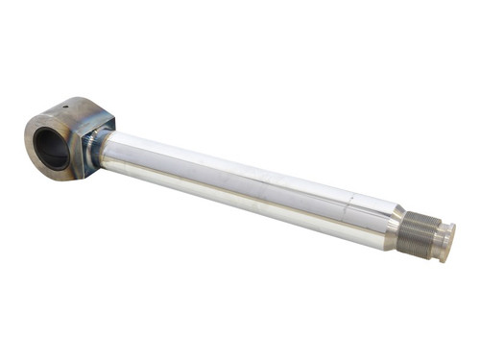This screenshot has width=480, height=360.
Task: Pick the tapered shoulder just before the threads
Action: tap(396, 223)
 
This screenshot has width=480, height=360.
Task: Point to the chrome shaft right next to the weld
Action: tap(115, 154)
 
